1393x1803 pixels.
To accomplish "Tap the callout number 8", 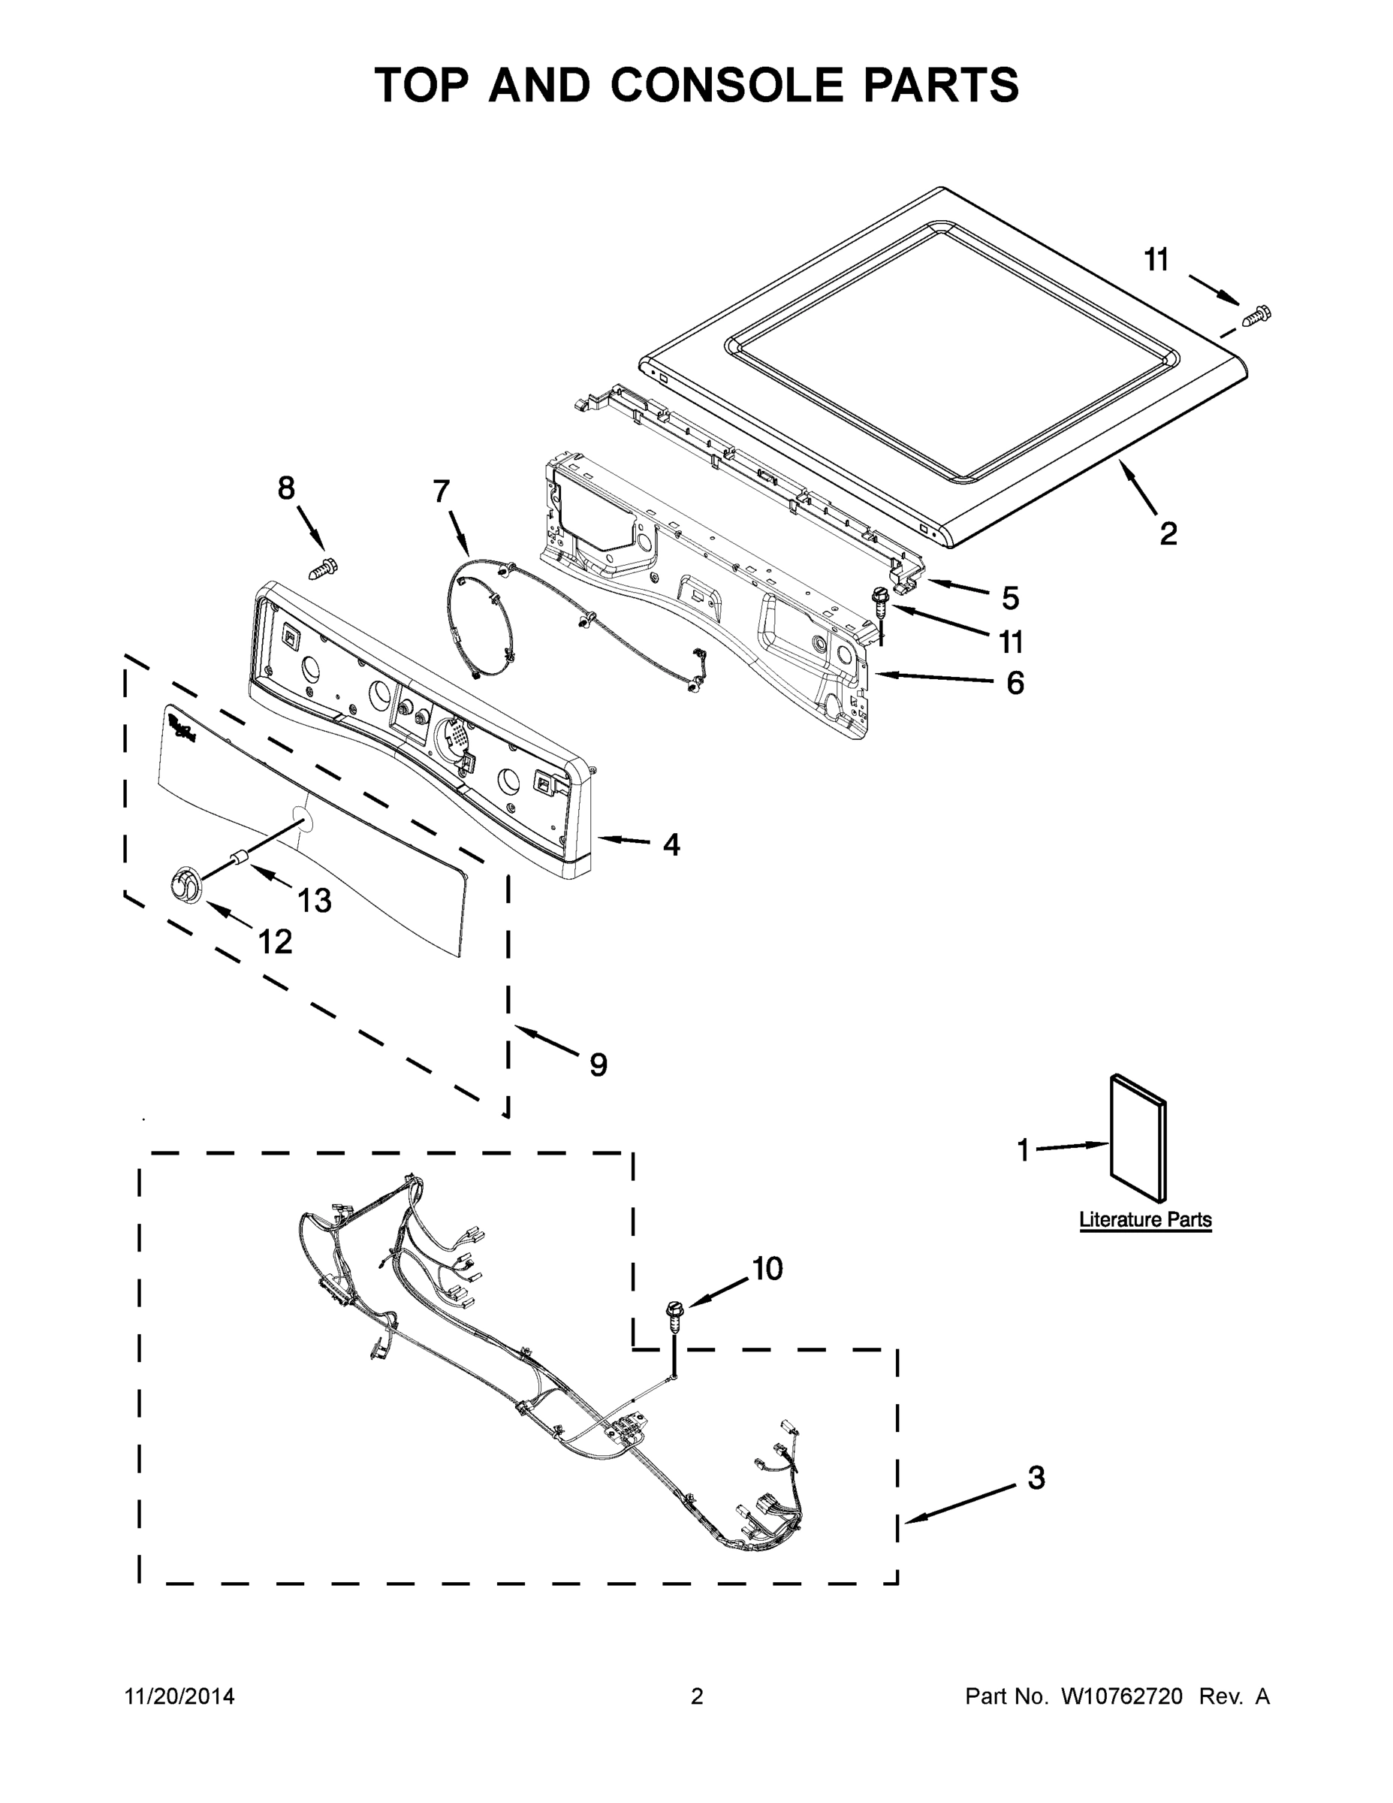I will (286, 489).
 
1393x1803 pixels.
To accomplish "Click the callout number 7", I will (442, 491).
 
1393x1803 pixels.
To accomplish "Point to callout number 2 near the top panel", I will (1168, 534).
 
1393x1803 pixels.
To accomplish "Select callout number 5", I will (1011, 598).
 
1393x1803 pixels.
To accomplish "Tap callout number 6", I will (1015, 683).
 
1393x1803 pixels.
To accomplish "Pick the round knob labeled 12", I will (185, 884).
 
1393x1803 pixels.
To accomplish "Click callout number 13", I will (315, 901).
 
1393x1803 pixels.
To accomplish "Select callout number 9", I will (599, 1065).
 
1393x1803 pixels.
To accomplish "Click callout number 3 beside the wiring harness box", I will (1036, 1478).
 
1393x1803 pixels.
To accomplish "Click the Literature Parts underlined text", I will (1145, 1219).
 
